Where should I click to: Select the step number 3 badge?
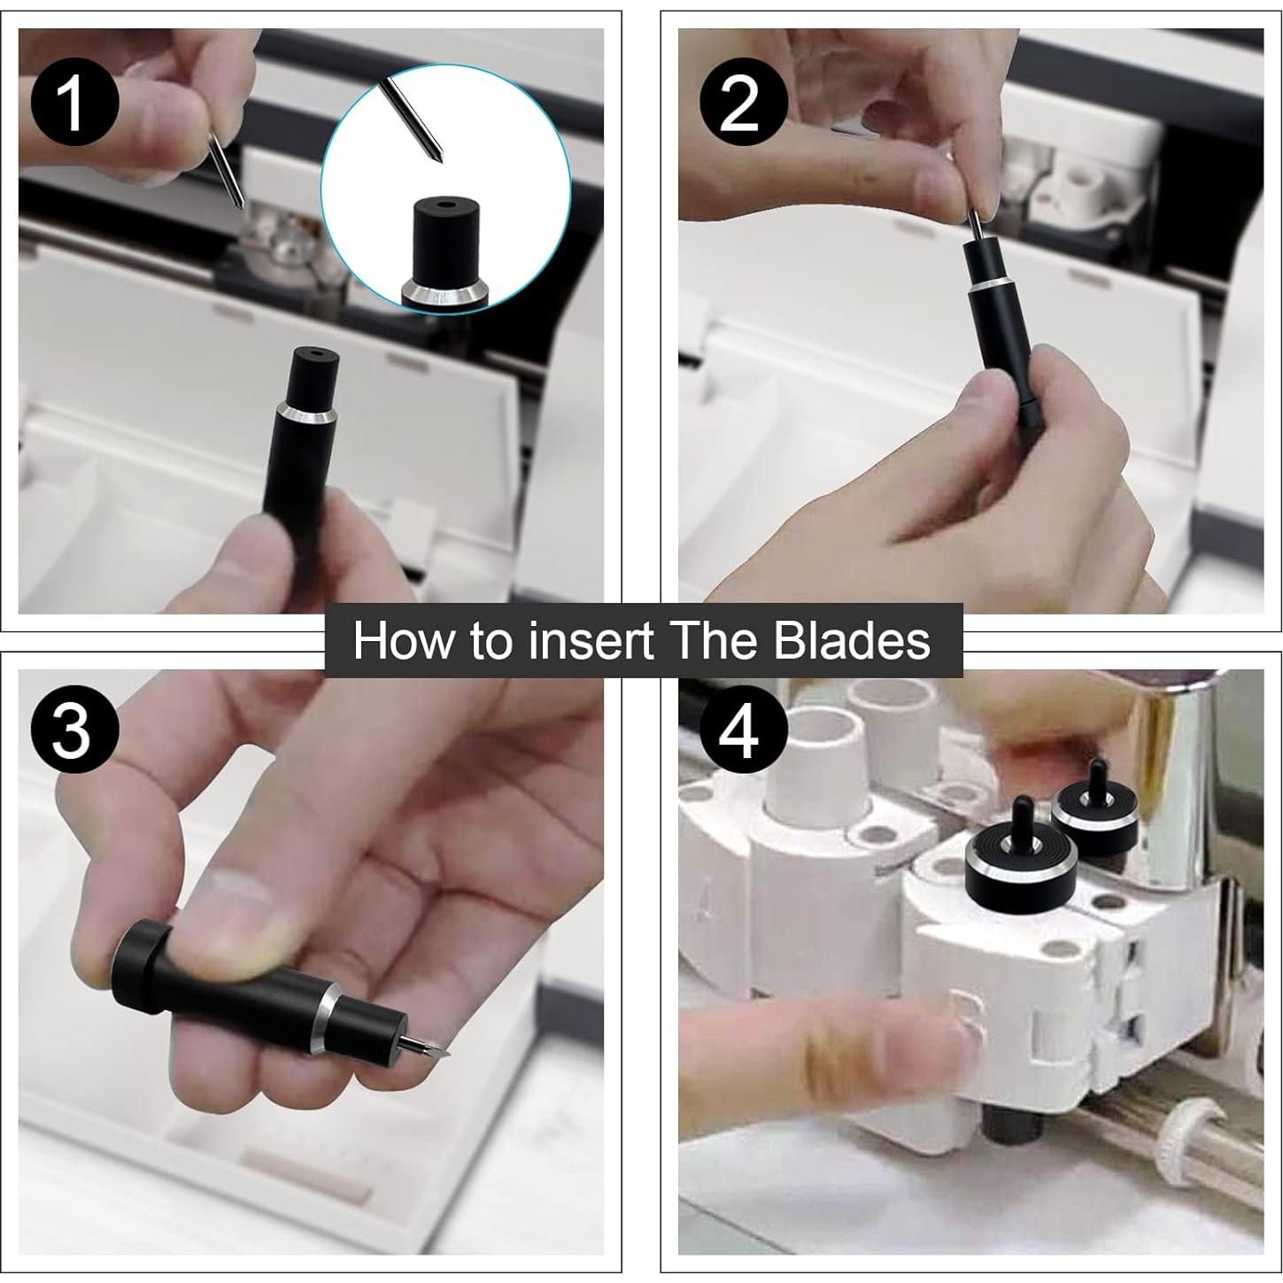(74, 731)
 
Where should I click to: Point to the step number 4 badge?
(743, 731)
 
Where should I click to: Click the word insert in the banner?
(581, 640)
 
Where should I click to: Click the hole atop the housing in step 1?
(313, 351)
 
